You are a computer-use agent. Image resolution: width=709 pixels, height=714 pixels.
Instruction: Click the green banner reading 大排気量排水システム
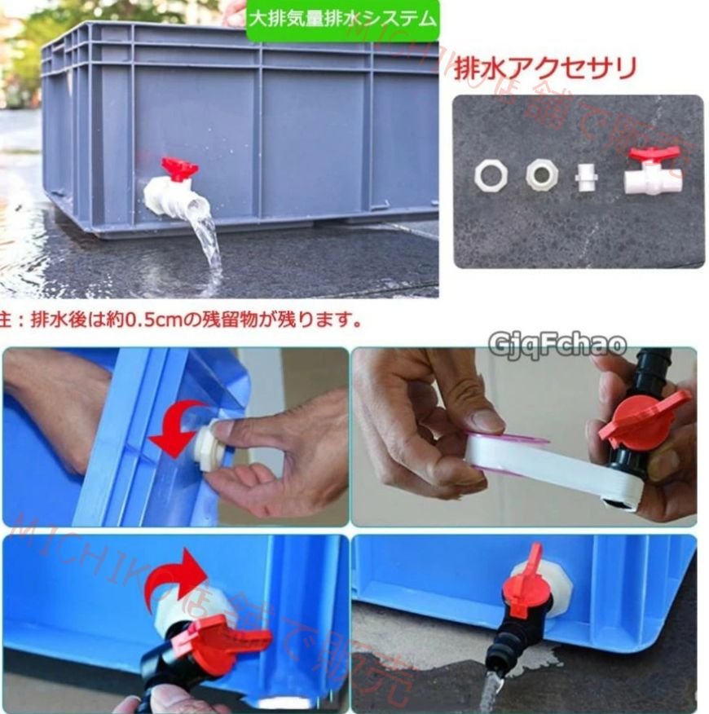point(342,18)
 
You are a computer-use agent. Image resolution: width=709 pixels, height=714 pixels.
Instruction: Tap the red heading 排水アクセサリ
point(544,68)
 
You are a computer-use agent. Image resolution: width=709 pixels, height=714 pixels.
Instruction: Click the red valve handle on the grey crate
point(180,169)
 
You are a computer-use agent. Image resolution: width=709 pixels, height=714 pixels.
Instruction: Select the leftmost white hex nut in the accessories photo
point(491,174)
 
